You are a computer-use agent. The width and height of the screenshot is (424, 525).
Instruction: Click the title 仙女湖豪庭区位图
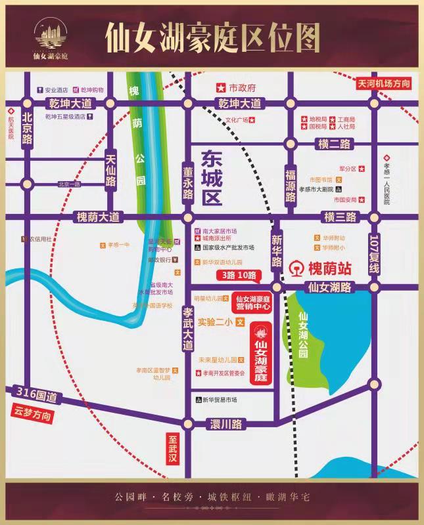click(x=212, y=38)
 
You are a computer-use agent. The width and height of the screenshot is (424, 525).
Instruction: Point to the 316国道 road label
click(x=36, y=396)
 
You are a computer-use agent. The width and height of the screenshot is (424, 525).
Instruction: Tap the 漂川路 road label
click(x=227, y=424)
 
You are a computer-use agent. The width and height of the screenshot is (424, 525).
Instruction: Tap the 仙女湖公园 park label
click(x=302, y=334)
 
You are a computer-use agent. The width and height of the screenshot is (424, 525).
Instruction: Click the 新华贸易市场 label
click(x=220, y=400)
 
